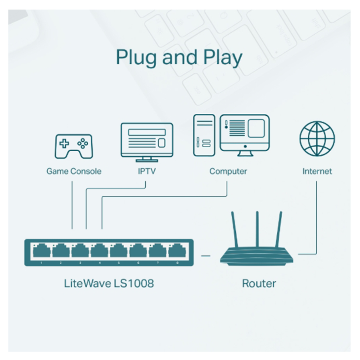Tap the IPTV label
click(146, 171)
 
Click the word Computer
click(228, 171)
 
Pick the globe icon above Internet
click(317, 139)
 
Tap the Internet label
click(317, 171)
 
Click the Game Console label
click(74, 171)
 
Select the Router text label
click(259, 283)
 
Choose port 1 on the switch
click(41, 250)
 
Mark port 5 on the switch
click(119, 250)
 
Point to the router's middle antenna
click(258, 229)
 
